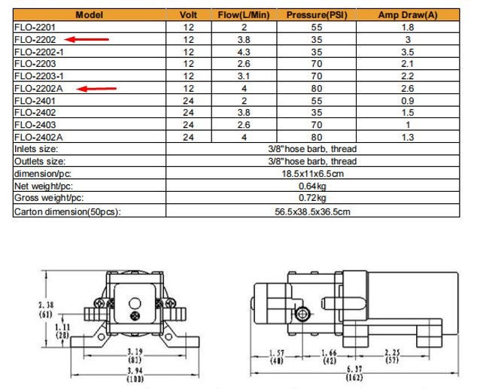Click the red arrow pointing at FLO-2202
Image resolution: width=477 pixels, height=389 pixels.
click(87, 39)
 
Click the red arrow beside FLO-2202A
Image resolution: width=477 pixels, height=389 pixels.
click(96, 89)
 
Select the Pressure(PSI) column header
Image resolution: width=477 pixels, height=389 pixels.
click(317, 15)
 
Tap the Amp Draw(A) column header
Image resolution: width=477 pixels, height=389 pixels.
click(408, 15)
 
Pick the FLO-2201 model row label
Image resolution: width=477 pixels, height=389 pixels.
click(35, 27)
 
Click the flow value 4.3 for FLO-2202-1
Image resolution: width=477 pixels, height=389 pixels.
click(244, 52)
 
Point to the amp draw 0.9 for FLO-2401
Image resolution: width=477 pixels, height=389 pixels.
click(408, 101)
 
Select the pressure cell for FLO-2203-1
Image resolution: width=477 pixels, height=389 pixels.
click(317, 76)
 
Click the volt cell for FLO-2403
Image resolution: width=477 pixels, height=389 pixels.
click(188, 125)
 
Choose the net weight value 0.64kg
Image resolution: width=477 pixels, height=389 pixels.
click(312, 186)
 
